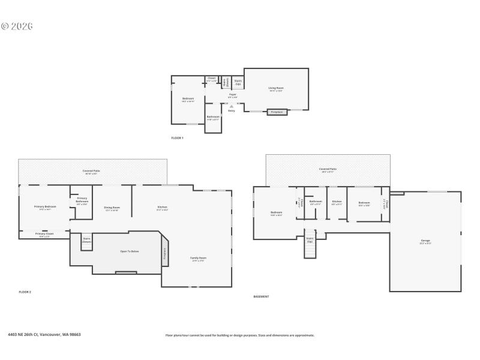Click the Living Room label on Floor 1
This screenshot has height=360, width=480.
[276, 89]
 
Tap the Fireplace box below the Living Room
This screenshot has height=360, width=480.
[276, 112]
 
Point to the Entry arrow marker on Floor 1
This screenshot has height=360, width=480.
[232, 106]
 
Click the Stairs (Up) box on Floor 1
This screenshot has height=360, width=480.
[238, 82]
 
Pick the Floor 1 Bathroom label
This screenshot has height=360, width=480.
[213, 118]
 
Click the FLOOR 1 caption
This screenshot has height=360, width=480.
[177, 138]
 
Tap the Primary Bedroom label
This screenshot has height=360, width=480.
[45, 208]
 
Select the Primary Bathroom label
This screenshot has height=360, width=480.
[82, 200]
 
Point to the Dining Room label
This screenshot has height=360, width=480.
[112, 208]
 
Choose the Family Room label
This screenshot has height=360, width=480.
[199, 259]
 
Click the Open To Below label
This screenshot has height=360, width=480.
[130, 251]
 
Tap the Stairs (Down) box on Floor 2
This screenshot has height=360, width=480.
[86, 240]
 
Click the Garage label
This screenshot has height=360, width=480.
[425, 241]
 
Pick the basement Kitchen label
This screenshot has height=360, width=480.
[337, 203]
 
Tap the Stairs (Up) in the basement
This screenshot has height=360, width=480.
[310, 240]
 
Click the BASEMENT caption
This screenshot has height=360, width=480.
[261, 296]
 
